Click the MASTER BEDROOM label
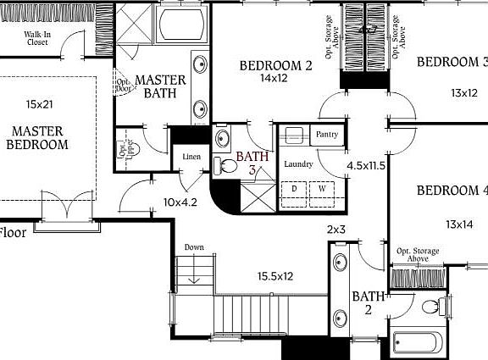pyautogui.click(x=37, y=137)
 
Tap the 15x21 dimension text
pyautogui.click(x=40, y=104)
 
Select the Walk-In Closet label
pyautogui.click(x=36, y=36)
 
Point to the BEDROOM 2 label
pyautogui.click(x=276, y=65)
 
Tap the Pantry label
pyautogui.click(x=327, y=135)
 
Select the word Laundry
pyautogui.click(x=299, y=164)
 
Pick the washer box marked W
pyautogui.click(x=324, y=188)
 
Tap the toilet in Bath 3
pyautogui.click(x=225, y=166)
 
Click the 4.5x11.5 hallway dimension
pyautogui.click(x=367, y=166)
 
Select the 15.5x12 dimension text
pyautogui.click(x=275, y=276)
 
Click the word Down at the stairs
pyautogui.click(x=194, y=247)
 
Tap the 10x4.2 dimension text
pyautogui.click(x=180, y=202)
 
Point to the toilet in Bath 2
pyautogui.click(x=432, y=307)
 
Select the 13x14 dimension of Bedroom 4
pyautogui.click(x=458, y=224)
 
